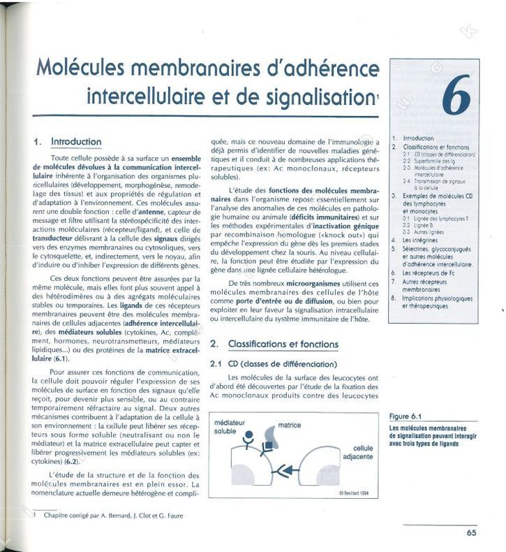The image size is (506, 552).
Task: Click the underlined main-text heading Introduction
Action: (x=77, y=142)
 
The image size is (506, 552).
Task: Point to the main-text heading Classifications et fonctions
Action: (x=283, y=344)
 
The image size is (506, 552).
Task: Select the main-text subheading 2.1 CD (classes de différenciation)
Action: (x=274, y=364)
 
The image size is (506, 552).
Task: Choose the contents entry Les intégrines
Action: (x=421, y=240)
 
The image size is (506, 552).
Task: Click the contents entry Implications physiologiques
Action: (x=438, y=298)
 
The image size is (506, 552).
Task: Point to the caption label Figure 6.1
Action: (x=408, y=416)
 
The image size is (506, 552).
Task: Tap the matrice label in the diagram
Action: (x=290, y=425)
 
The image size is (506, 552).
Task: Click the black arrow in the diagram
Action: (x=285, y=468)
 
